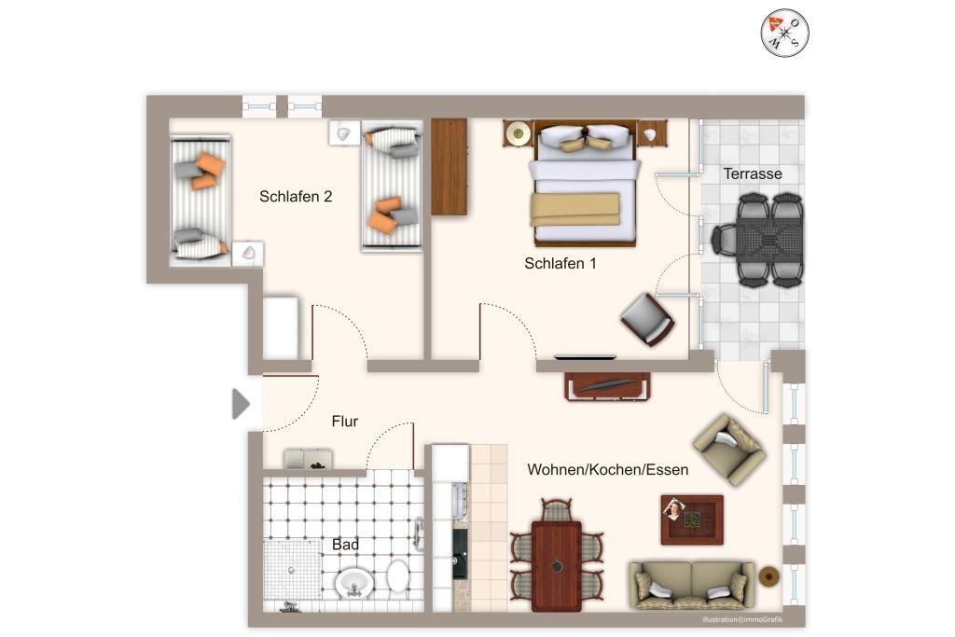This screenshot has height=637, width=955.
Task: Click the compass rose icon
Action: point(784,33)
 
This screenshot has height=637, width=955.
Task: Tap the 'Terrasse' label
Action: point(753,173)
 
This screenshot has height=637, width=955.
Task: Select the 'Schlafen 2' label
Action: point(296,196)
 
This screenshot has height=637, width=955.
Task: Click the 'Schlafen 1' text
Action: point(560,263)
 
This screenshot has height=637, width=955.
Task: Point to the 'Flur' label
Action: point(344,421)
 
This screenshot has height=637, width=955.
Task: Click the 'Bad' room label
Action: point(345,545)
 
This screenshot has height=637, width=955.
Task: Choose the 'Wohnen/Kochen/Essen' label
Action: point(607,469)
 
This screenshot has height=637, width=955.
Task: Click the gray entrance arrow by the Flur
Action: point(241,404)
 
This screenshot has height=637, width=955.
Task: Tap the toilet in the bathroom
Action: point(397,575)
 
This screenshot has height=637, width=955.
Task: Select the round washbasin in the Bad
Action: point(353,584)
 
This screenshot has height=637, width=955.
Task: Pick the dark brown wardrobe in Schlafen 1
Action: point(449,166)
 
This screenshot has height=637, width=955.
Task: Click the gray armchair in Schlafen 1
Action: point(647,319)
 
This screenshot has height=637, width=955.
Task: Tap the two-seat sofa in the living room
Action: point(692,585)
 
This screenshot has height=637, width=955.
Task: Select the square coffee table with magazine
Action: point(692,519)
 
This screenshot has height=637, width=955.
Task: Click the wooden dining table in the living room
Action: point(556,566)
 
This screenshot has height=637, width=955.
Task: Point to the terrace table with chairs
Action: point(759,240)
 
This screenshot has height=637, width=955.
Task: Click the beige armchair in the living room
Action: point(729,450)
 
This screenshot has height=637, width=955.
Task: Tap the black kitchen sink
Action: point(460,554)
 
